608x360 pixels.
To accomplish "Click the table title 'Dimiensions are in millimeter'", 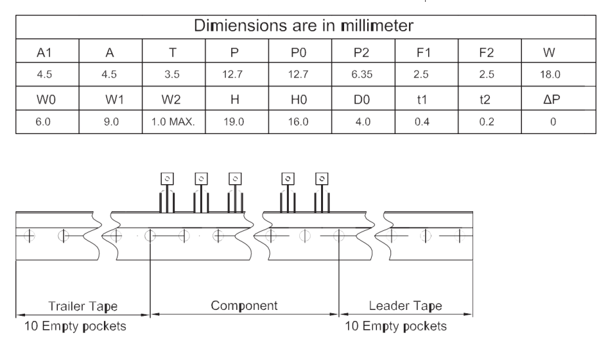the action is click(x=304, y=26).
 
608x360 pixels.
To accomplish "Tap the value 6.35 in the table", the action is click(x=361, y=74).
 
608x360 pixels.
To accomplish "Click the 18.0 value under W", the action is click(x=550, y=74).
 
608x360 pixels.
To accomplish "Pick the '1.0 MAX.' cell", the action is click(x=173, y=122).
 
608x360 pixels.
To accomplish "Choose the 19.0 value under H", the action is click(x=234, y=122).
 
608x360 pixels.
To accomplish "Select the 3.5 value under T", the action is click(x=172, y=74).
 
